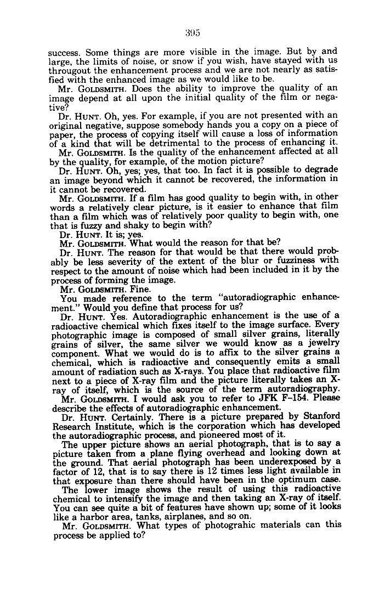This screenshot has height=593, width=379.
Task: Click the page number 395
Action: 191,33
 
